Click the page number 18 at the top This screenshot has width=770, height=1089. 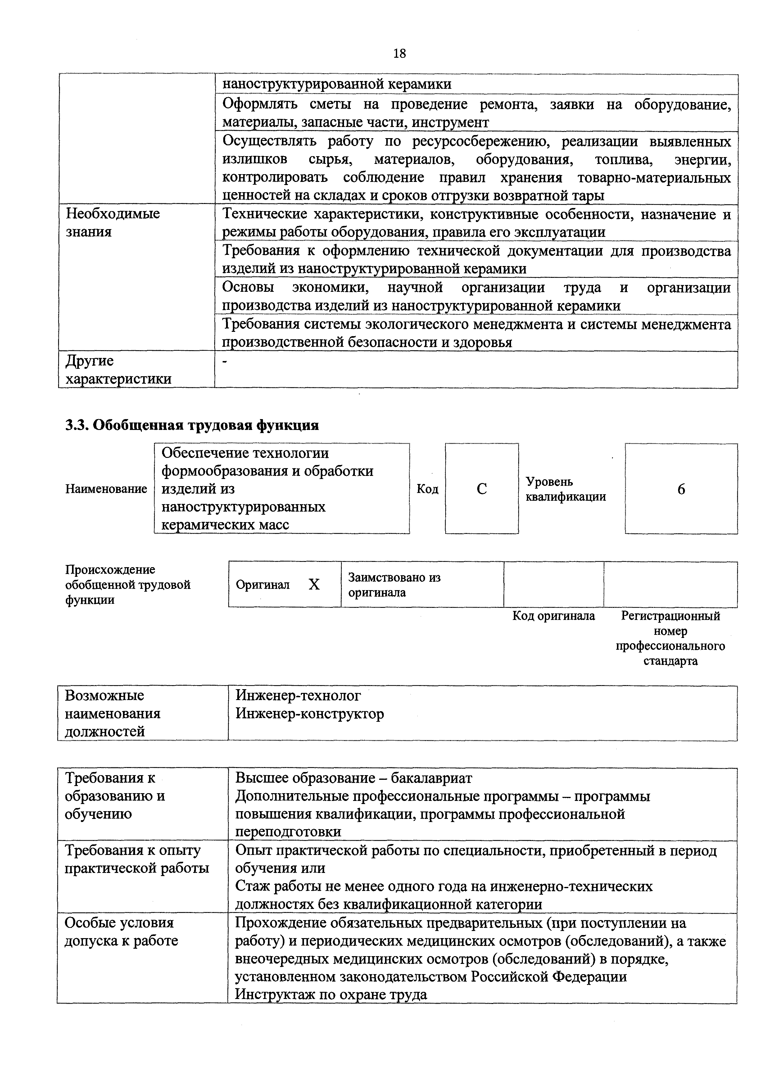400,53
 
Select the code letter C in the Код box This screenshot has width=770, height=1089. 482,489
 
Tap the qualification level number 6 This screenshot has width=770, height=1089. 681,489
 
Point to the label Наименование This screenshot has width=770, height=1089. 106,489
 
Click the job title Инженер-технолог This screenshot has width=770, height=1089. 298,696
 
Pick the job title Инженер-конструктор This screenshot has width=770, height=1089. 309,714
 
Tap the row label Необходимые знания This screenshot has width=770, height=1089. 112,223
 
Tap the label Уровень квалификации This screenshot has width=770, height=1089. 565,489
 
